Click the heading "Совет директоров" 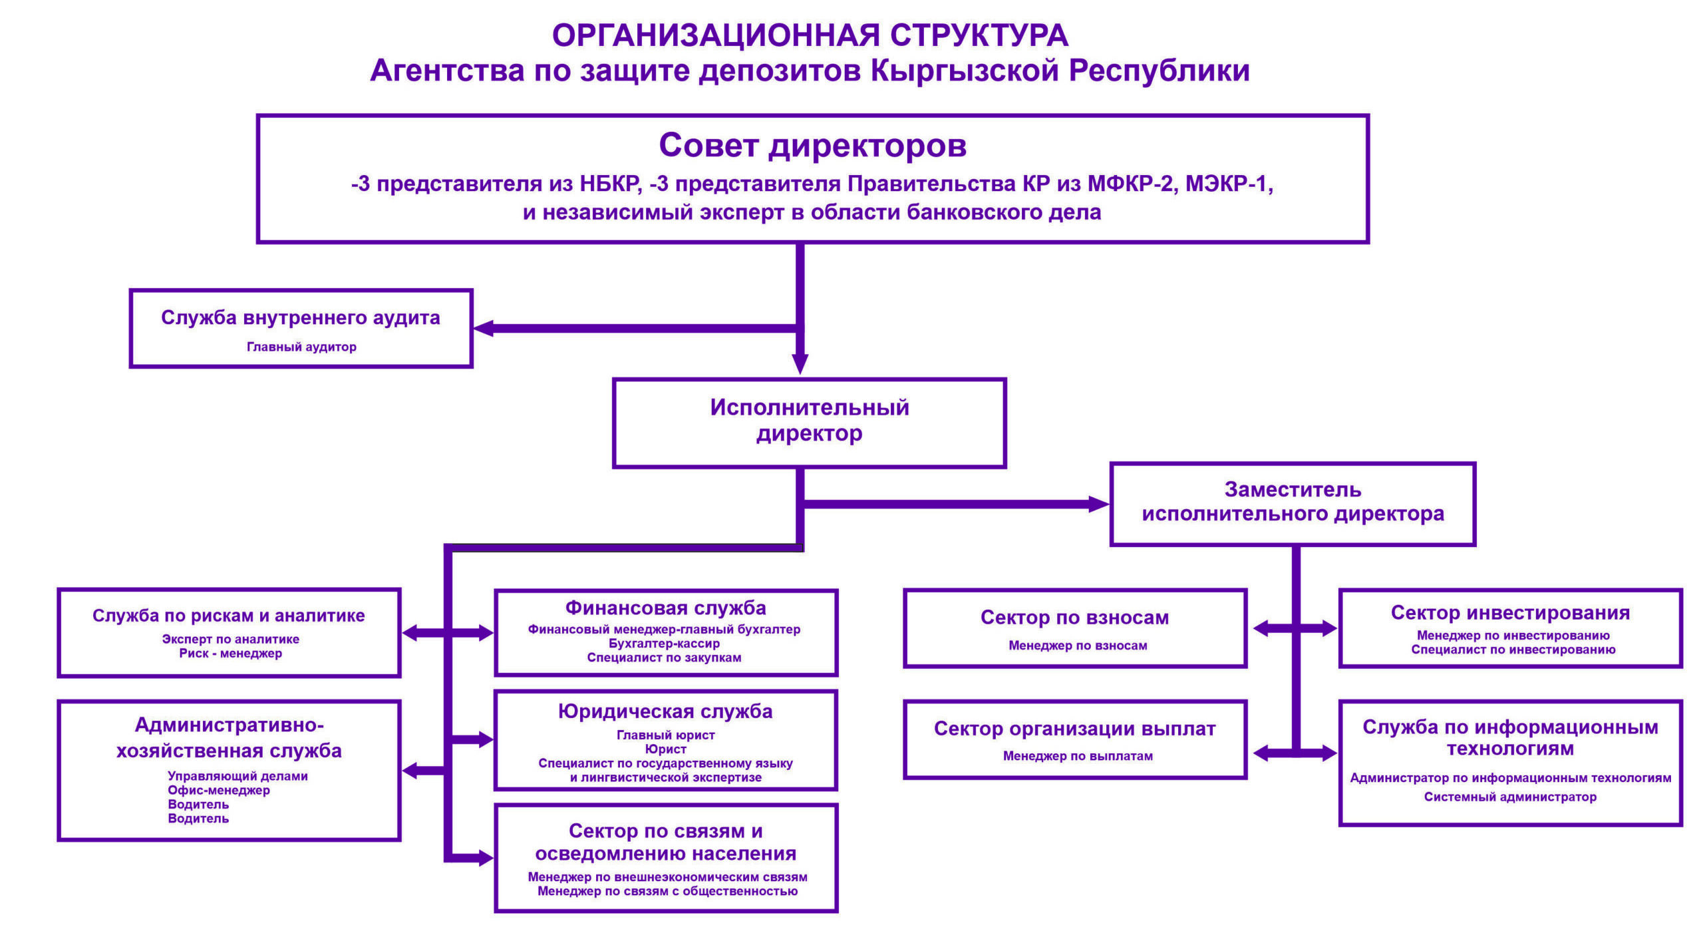[812, 146]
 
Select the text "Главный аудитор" [301, 347]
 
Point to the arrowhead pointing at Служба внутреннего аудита [483, 328]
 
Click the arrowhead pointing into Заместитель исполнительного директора [1099, 504]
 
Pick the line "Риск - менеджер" [230, 654]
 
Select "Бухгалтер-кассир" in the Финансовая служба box [664, 644]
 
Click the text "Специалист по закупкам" [664, 658]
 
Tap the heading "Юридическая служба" [665, 711]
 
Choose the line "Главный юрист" [665, 735]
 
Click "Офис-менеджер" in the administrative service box [219, 791]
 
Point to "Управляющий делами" [237, 776]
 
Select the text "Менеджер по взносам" [1078, 646]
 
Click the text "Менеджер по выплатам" [1078, 756]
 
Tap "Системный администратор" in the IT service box [1510, 797]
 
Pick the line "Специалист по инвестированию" [1513, 650]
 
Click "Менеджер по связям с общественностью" [667, 891]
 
